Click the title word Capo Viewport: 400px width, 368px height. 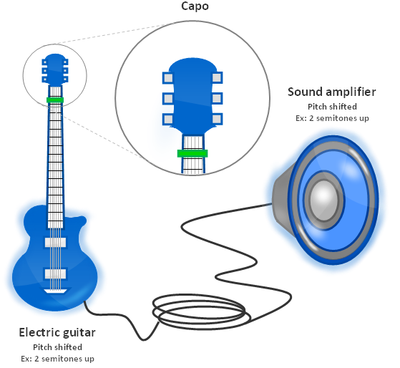coord(195,6)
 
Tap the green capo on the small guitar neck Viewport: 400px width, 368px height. coord(55,100)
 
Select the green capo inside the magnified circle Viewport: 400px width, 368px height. coord(192,153)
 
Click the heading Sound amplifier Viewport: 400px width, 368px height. coord(331,92)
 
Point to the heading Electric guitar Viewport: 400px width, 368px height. coord(57,332)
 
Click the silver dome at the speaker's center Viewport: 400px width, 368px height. coord(323,200)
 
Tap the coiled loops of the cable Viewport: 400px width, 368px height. coord(202,311)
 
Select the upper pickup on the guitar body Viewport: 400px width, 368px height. coord(55,242)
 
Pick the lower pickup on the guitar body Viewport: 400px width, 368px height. coord(55,273)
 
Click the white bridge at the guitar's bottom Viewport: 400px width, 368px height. coord(55,291)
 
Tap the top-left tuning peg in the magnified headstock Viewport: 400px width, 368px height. coord(168,78)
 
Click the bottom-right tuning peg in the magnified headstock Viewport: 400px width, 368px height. coord(217,119)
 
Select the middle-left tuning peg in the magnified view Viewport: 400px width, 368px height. coord(168,99)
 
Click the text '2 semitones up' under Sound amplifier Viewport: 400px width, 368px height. coord(339,118)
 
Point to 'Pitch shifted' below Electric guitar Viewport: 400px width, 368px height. coord(58,347)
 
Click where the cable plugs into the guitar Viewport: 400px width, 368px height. coord(84,301)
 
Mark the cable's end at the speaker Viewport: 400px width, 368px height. coord(271,204)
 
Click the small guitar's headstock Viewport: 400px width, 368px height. coord(55,69)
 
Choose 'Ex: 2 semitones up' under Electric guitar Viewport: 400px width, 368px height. coord(58,359)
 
